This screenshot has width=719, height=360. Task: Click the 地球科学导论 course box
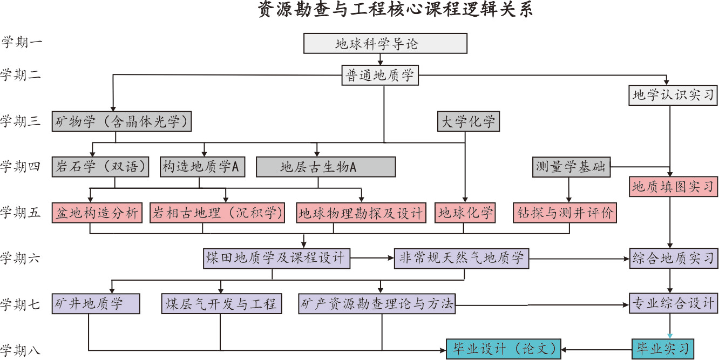point(385,44)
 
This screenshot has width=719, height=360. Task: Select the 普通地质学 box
point(380,76)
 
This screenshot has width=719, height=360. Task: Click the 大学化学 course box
point(468,121)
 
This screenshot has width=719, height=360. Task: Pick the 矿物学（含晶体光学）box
point(122,121)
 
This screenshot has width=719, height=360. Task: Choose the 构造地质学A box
point(201,167)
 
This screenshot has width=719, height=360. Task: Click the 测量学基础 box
point(571,167)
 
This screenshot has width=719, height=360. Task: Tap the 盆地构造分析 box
point(97,213)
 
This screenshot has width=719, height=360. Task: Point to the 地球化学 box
point(465,213)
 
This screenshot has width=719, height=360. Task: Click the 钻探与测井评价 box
point(565,213)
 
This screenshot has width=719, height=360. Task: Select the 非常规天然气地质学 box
point(462,259)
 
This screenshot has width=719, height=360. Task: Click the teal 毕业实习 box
point(662,349)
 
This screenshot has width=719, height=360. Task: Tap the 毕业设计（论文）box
point(504,349)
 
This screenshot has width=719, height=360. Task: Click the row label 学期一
point(22,43)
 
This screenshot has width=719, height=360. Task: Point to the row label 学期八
point(22,350)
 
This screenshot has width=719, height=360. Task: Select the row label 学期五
point(22,213)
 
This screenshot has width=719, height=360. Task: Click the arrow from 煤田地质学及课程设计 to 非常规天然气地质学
point(372,259)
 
